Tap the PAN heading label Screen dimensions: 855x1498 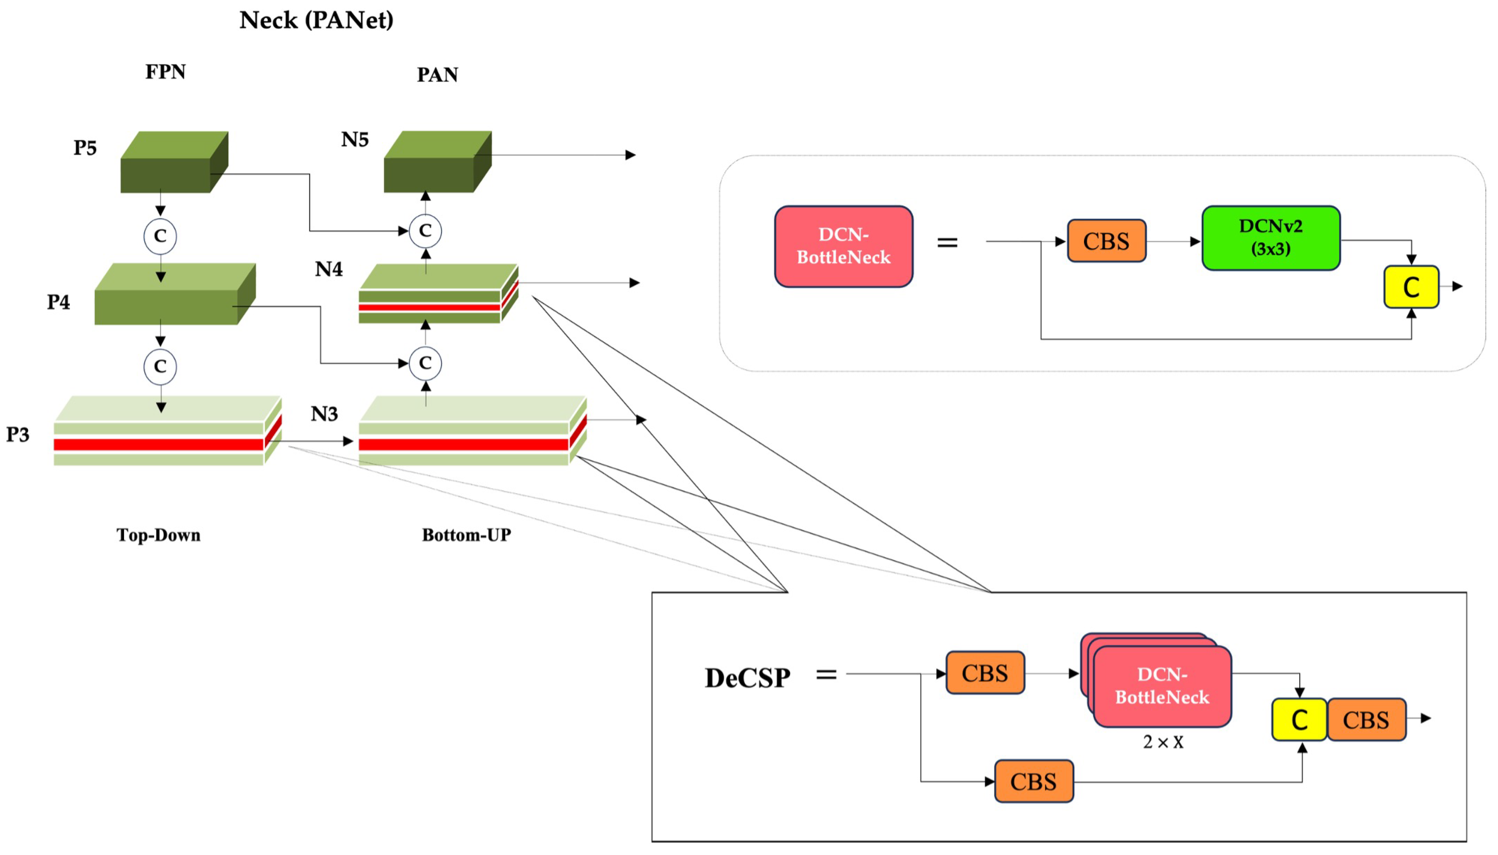[x=437, y=75]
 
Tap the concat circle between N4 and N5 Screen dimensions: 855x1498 [x=425, y=231]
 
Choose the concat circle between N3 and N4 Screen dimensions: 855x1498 [x=425, y=363]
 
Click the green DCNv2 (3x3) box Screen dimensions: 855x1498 [x=1270, y=238]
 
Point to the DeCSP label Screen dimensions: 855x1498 [x=747, y=678]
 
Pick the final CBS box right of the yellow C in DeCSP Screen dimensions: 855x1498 [x=1365, y=720]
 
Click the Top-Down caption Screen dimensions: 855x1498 [x=158, y=535]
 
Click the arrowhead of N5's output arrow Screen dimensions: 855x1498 [x=631, y=155]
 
